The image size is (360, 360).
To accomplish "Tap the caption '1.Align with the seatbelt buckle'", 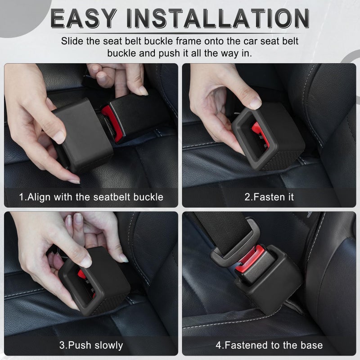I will [91, 197].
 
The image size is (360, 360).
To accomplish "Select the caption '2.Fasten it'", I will [269, 197].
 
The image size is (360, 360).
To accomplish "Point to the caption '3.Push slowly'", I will [91, 345].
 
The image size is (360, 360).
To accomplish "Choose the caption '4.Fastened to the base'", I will [269, 345].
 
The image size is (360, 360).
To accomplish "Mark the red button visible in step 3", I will [82, 275].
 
